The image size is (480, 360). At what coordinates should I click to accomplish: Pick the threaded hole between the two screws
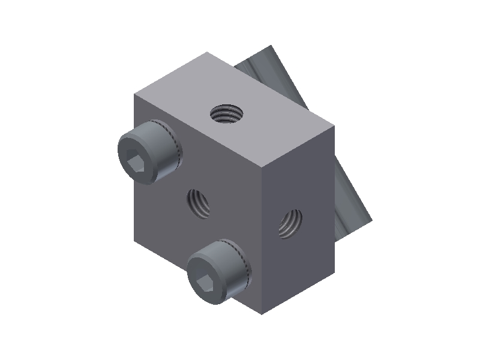(x=199, y=203)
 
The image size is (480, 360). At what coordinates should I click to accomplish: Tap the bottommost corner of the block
(x=262, y=313)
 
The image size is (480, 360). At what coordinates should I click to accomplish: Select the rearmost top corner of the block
(x=208, y=52)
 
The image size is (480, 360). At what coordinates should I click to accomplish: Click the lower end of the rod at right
(x=360, y=222)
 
